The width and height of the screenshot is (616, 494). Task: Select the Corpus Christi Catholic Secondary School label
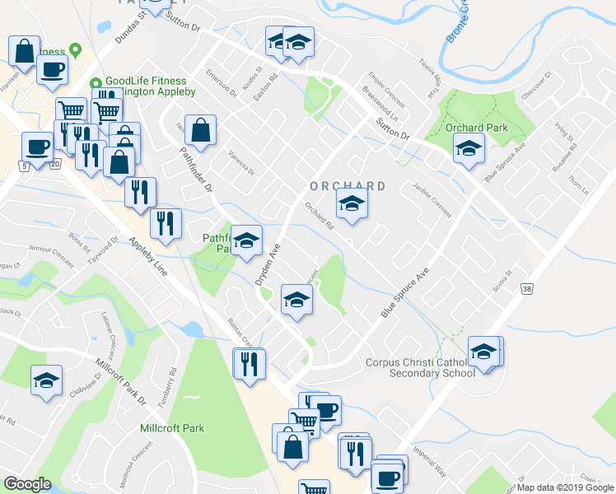click(x=420, y=367)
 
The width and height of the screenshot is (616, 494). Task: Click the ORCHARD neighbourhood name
click(x=348, y=186)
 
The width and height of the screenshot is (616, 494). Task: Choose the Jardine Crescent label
click(x=432, y=199)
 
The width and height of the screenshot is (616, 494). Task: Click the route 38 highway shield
click(x=526, y=288)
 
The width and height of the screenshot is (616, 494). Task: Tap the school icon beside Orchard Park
click(x=469, y=149)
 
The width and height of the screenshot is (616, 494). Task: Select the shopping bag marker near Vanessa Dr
click(x=200, y=129)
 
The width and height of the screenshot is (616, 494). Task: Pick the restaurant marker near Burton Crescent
click(x=248, y=363)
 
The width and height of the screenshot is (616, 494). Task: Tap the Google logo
click(x=27, y=484)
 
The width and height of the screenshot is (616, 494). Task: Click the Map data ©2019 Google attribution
click(x=565, y=487)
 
